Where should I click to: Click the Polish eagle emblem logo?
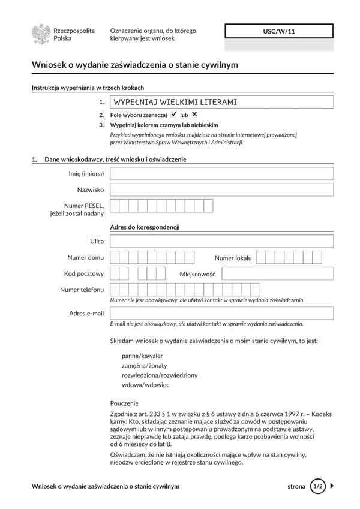[x=41, y=34]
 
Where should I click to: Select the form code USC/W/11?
[x=279, y=31]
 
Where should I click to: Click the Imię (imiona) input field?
[x=222, y=174]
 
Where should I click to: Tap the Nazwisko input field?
[x=222, y=189]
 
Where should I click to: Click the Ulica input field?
[x=222, y=242]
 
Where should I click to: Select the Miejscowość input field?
[x=278, y=273]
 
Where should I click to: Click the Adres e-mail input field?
[x=222, y=313]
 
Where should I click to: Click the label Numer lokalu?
[x=233, y=258]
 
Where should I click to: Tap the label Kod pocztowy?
[x=84, y=273]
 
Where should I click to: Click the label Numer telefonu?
[x=82, y=290]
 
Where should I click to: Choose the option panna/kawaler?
[x=142, y=356]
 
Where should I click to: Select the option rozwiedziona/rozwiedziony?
[x=159, y=375]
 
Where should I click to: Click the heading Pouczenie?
[x=124, y=403]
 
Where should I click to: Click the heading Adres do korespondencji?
[x=145, y=227]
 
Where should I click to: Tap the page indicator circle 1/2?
[x=317, y=486]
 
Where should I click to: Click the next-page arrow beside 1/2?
[x=332, y=486]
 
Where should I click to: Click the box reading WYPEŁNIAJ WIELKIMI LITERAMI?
[x=222, y=102]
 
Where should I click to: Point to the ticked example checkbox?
[x=173, y=114]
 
